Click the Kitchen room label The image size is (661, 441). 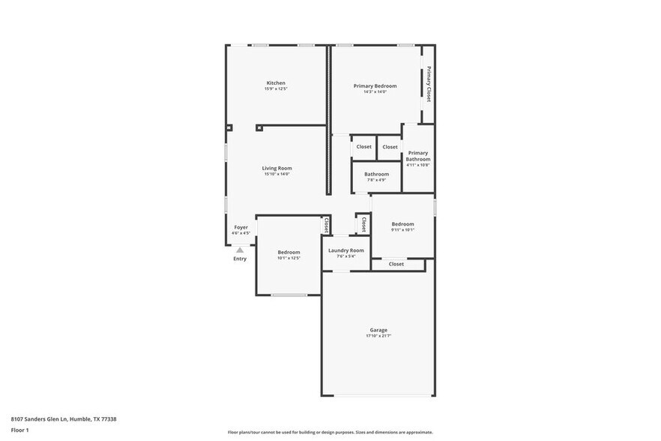pyautogui.click(x=276, y=82)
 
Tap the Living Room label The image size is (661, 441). pyautogui.click(x=277, y=168)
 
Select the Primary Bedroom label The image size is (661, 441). pyautogui.click(x=375, y=86)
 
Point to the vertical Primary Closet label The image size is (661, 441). pyautogui.click(x=429, y=84)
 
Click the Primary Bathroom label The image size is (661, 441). pyautogui.click(x=418, y=156)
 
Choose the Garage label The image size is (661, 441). pyautogui.click(x=378, y=330)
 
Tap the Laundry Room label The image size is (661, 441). pyautogui.click(x=346, y=250)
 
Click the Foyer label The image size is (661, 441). pyautogui.click(x=241, y=227)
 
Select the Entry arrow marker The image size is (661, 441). pyautogui.click(x=240, y=250)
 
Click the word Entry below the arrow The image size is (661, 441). pyautogui.click(x=240, y=259)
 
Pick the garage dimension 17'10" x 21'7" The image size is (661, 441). pyautogui.click(x=378, y=336)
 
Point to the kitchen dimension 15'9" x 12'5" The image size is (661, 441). pyautogui.click(x=276, y=89)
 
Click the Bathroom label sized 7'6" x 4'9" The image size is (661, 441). pyautogui.click(x=376, y=174)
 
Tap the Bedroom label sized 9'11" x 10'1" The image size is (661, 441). pyautogui.click(x=402, y=223)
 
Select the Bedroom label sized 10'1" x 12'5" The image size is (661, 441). pyautogui.click(x=289, y=252)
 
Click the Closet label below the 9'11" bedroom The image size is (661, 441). pyautogui.click(x=396, y=264)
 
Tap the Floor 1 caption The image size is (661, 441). pyautogui.click(x=19, y=430)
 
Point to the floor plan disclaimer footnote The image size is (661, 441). pyautogui.click(x=330, y=432)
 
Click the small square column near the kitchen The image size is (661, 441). pyautogui.click(x=259, y=127)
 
